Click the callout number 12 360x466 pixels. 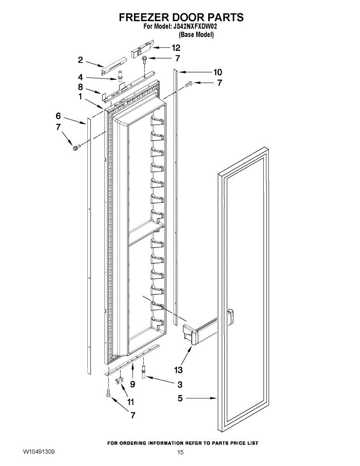(x=176, y=48)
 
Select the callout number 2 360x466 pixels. (x=80, y=60)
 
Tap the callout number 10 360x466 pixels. (x=217, y=72)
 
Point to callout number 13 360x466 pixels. (x=178, y=370)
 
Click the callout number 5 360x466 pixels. (x=180, y=398)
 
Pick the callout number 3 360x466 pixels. (x=180, y=385)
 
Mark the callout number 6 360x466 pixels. (x=58, y=116)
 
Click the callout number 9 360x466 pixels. (x=132, y=384)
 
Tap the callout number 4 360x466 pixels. (x=80, y=77)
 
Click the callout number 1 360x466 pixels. (x=80, y=97)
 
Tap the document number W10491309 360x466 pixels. (x=38, y=452)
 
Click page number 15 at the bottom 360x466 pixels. (x=180, y=452)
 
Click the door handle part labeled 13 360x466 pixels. (x=202, y=330)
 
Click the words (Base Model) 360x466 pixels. (x=196, y=35)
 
